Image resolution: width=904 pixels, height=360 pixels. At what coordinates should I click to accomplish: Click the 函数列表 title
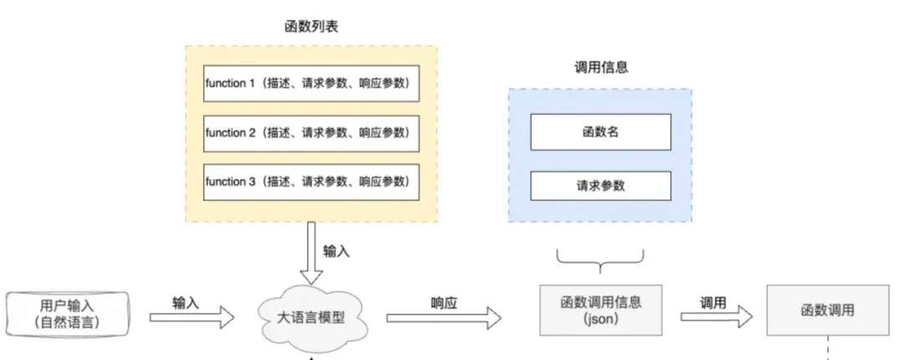[311, 26]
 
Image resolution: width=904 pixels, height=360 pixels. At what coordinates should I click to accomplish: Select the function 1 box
[311, 83]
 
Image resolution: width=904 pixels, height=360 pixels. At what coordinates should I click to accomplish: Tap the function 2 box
[311, 132]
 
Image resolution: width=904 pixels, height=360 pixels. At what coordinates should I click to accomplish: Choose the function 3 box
[311, 183]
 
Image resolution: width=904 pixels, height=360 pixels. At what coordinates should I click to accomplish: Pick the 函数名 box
[601, 132]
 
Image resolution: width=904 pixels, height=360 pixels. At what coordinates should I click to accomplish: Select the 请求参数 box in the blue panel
[601, 185]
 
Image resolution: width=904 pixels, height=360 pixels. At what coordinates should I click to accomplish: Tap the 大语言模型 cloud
[311, 318]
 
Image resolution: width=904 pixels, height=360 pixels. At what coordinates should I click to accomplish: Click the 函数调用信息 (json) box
[601, 310]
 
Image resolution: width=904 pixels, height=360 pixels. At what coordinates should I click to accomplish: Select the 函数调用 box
[827, 310]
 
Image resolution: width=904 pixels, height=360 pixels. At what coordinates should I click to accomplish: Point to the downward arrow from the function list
[311, 254]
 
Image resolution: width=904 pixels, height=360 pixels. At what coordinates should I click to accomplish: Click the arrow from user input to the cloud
[192, 317]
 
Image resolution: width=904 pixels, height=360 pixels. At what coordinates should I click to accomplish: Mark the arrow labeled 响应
[444, 318]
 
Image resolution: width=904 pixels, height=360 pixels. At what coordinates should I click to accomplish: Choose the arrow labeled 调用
[717, 316]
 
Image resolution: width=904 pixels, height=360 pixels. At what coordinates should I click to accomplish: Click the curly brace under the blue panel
[600, 260]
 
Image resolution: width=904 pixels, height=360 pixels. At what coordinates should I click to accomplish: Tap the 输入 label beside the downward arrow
[336, 251]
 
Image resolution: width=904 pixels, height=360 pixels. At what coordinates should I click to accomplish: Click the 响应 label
[444, 303]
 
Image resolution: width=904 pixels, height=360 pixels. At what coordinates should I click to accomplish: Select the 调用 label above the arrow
[713, 303]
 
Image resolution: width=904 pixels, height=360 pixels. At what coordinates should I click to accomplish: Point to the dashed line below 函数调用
[827, 347]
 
